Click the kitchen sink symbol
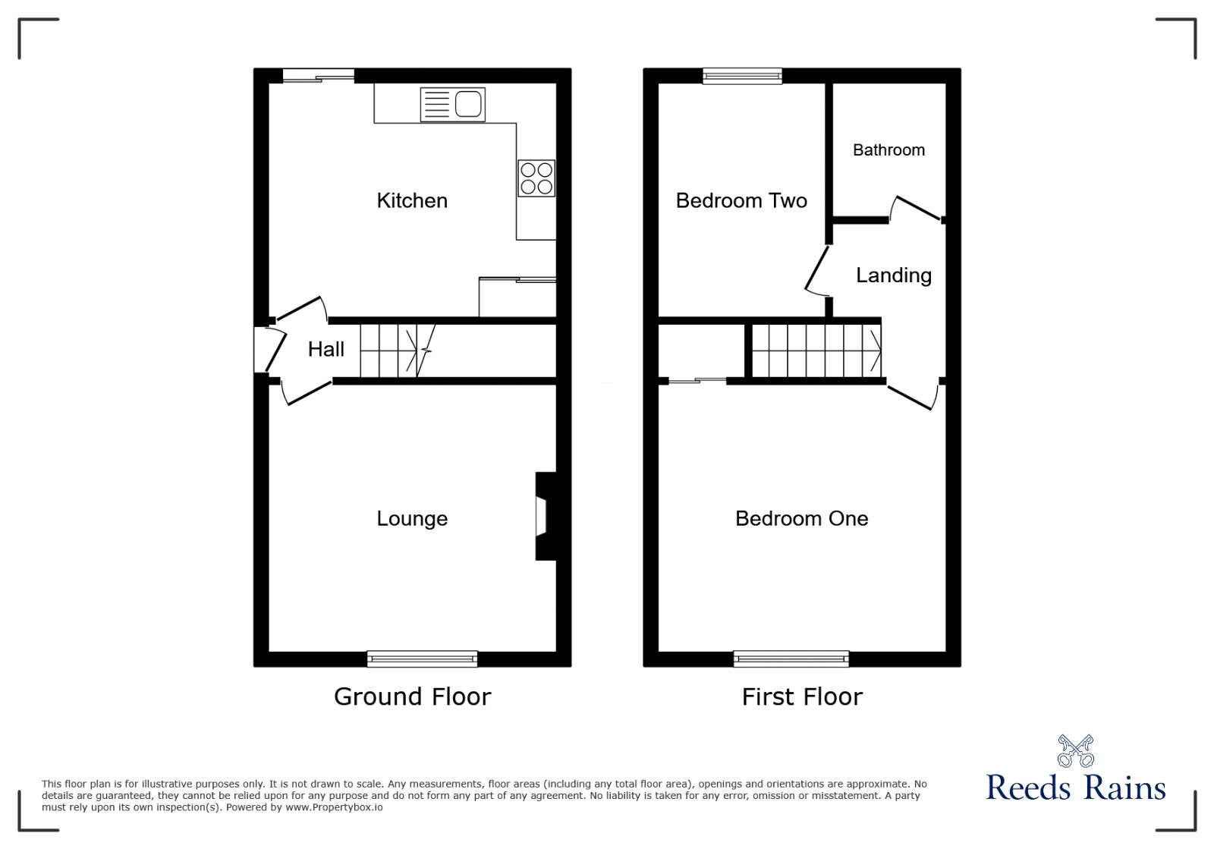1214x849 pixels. point(452,105)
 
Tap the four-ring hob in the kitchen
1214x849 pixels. point(536,178)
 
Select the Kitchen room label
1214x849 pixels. point(412,201)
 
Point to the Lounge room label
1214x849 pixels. point(412,518)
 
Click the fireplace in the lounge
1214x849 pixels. point(546,516)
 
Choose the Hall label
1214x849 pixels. point(326,350)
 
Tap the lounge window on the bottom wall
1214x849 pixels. point(422,659)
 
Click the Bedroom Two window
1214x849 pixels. point(743,76)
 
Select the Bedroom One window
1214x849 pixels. point(791,659)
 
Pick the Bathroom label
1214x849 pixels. point(888,150)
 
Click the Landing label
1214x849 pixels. point(894,275)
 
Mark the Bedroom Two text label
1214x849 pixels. point(741,201)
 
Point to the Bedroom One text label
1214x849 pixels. point(801,518)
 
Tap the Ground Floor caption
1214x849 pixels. point(413,696)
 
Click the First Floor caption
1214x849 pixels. point(802,696)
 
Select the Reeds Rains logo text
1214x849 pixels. point(1075,788)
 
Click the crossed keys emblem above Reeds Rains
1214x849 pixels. point(1076,751)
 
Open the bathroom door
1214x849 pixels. point(916,208)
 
